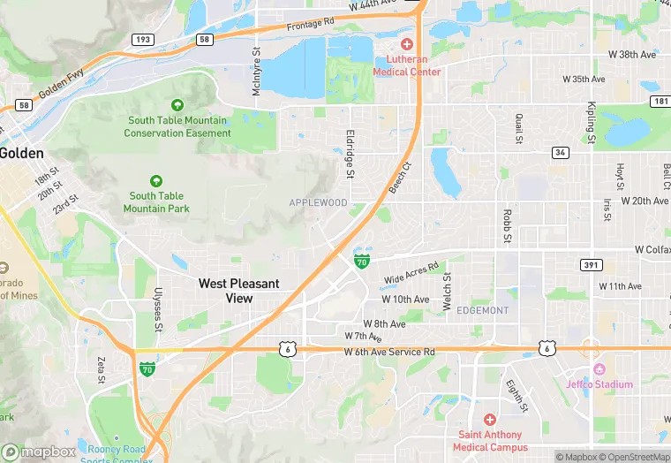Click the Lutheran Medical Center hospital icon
pos(406,44)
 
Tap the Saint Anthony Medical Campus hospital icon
pos(490,419)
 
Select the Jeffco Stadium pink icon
pos(599,369)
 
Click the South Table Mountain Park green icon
pos(156,181)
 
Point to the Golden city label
pos(21,153)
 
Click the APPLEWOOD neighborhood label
pos(318,202)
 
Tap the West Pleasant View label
pos(238,291)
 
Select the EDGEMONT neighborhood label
pos(483,310)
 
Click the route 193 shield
pos(142,40)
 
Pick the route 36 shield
pos(560,153)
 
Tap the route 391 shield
pos(592,265)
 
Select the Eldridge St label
pos(350,155)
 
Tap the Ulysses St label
pos(159,310)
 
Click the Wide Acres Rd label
pos(411,273)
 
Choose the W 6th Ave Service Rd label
pos(389,352)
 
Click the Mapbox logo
pos(40,452)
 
